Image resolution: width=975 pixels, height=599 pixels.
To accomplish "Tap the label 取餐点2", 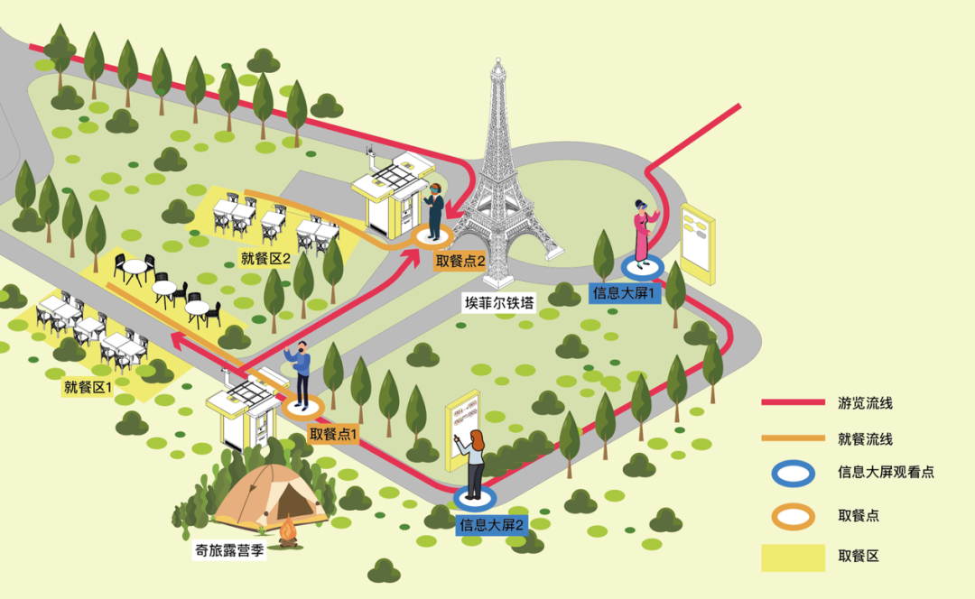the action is [460, 262].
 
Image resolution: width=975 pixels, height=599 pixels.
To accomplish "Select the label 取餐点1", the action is [334, 434].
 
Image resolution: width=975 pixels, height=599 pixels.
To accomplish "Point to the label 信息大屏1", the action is [627, 292].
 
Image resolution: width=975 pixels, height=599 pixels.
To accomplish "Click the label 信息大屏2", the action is [492, 524].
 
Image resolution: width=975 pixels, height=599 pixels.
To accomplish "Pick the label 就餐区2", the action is [265, 259].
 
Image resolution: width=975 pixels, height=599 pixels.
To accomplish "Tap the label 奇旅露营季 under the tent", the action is [229, 550].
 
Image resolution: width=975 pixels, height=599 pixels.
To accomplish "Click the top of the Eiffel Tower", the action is [495, 65].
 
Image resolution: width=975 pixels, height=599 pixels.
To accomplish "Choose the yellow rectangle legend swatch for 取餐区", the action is [793, 557].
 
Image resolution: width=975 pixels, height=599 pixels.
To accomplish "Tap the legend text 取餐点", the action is [859, 515].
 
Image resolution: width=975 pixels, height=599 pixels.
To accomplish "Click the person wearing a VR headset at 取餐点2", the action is [435, 210].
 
